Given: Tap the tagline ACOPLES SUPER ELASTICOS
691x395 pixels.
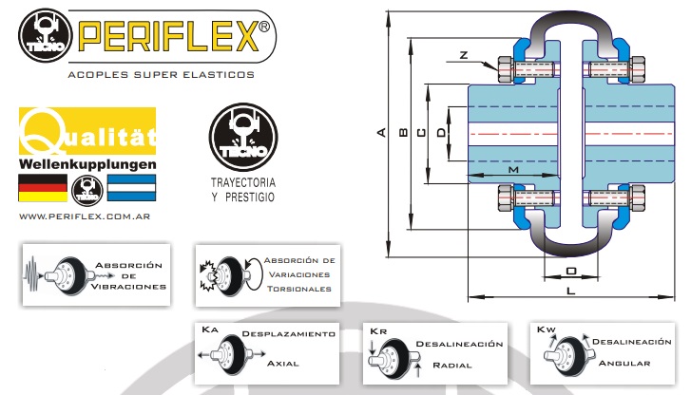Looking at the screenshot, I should click(162, 73).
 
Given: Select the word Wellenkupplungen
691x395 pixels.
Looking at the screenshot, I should click(87, 164).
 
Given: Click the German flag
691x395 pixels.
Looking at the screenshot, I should click(43, 189).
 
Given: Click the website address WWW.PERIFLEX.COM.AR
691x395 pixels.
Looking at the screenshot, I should click(86, 216).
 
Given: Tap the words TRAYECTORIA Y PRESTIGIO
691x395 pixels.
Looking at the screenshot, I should click(242, 189).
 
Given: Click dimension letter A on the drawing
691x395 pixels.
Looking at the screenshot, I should click(381, 133).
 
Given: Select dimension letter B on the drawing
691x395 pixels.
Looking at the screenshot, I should click(404, 133).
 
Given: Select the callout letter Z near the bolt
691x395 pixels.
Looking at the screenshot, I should click(463, 55).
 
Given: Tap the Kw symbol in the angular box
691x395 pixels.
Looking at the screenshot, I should click(546, 331).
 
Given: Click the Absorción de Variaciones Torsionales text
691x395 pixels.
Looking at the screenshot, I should click(298, 274).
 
